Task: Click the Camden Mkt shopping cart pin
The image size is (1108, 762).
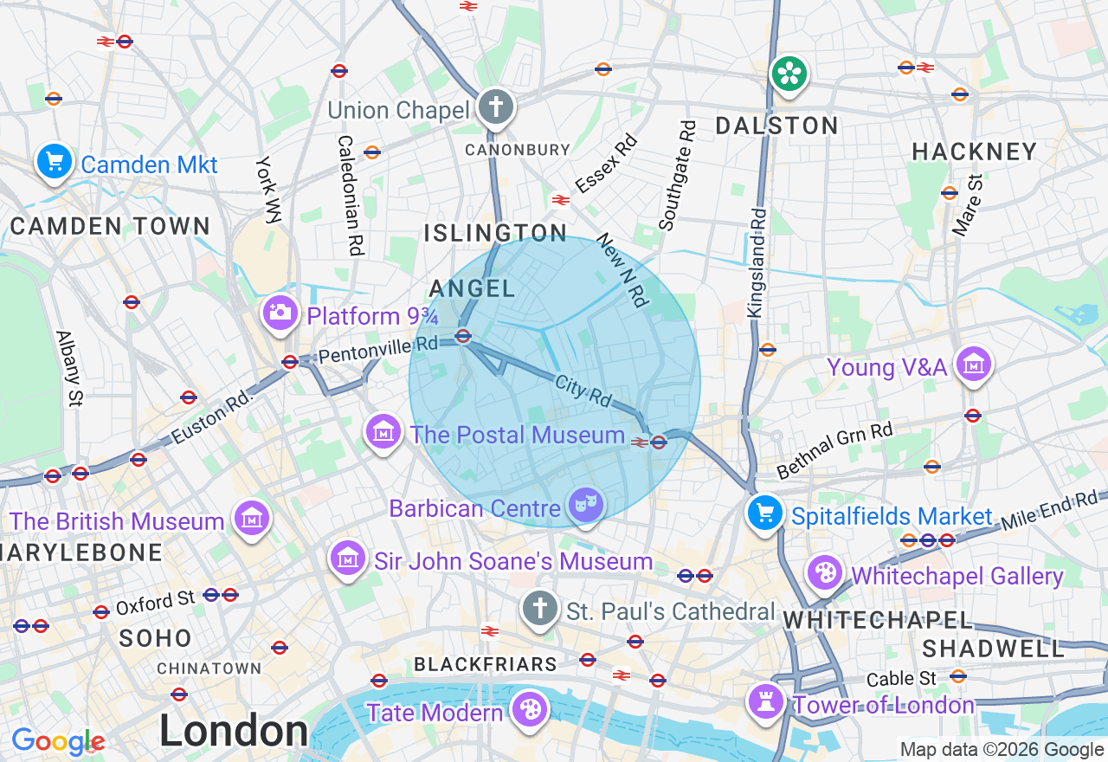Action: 54,162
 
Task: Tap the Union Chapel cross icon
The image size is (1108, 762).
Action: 495,108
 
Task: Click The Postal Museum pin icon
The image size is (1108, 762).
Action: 383,432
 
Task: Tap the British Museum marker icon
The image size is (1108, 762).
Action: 252,520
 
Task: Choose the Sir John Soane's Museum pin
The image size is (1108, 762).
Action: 348,559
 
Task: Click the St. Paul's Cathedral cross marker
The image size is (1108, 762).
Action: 540,609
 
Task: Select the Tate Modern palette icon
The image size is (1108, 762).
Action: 528,710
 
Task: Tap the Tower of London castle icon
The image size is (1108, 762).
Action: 766,701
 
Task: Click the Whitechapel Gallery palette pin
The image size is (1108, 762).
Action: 825,573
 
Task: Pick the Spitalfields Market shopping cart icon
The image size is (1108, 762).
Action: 765,514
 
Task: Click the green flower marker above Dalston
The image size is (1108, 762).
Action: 789,74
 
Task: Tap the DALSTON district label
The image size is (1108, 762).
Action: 776,126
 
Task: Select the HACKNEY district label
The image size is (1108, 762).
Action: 974,152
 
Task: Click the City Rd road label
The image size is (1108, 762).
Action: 583,391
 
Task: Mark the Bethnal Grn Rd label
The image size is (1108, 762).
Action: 834,450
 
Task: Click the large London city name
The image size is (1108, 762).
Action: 233,732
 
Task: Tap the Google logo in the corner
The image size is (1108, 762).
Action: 57,742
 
